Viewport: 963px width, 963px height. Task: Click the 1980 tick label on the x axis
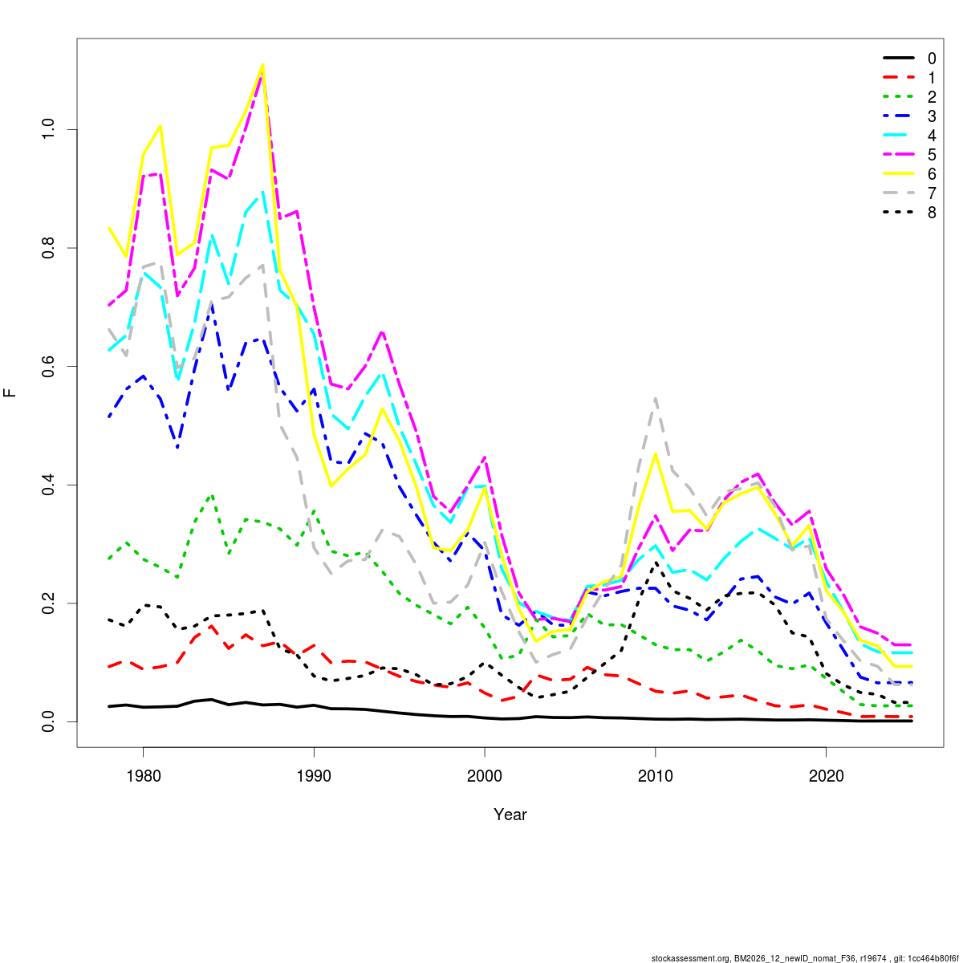click(143, 776)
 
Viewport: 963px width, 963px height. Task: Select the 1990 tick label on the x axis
click(314, 776)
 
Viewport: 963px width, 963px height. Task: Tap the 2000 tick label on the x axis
click(485, 776)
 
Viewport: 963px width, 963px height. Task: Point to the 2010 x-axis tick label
click(656, 776)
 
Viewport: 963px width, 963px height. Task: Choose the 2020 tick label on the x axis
click(827, 776)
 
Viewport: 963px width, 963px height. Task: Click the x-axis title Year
click(510, 815)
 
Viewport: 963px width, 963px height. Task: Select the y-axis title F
click(10, 393)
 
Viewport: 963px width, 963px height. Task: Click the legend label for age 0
click(932, 59)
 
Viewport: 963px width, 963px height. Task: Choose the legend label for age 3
click(932, 116)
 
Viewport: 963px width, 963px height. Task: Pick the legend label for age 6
click(932, 174)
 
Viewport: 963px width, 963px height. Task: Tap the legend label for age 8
click(932, 213)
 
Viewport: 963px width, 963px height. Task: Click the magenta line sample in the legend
click(899, 155)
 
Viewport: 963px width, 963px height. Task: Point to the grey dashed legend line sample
click(899, 193)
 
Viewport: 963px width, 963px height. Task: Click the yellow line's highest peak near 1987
click(262, 65)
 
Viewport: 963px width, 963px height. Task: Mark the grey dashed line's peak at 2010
click(656, 398)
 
